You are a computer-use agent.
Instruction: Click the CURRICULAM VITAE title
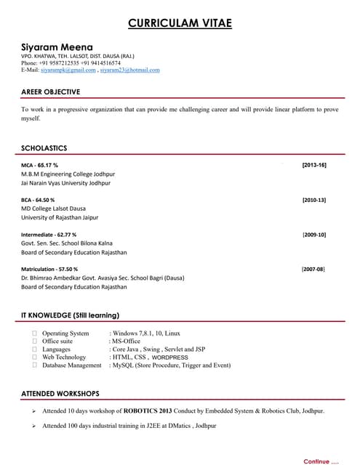pos(180,23)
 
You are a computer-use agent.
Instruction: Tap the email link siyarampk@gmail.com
pos(68,70)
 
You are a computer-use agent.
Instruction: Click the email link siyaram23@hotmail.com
pos(130,70)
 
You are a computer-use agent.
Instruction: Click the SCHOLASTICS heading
pos(44,147)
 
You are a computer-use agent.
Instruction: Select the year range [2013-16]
pos(314,165)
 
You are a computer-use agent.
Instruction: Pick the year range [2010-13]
pos(314,200)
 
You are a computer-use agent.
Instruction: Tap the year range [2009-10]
pos(314,235)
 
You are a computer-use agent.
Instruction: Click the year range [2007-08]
pos(314,269)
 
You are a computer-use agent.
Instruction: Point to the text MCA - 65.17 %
pos(40,165)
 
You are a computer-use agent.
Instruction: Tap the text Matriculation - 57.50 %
pos(49,269)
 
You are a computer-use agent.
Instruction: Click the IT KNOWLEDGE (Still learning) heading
pos(70,315)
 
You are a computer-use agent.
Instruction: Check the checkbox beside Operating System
pos(34,333)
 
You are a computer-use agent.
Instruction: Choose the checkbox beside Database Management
pos(34,365)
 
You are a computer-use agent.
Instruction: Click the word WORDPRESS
pos(170,357)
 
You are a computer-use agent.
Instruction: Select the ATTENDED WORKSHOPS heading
pos(60,393)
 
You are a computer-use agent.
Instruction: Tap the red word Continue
pos(316,461)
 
